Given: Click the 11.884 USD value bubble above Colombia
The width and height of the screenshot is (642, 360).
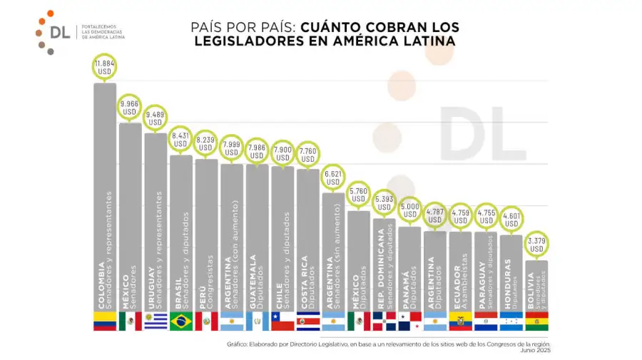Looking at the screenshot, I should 105,67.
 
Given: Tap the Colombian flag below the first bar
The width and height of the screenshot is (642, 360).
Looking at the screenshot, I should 105,322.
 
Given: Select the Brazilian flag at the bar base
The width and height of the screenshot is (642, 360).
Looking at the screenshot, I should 180,322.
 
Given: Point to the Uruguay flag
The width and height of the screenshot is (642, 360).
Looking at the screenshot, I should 156,322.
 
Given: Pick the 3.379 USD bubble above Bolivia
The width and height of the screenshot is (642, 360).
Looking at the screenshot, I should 536,245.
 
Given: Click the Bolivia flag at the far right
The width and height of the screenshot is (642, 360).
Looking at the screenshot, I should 536,322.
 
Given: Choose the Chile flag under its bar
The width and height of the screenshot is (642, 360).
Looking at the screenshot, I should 282,322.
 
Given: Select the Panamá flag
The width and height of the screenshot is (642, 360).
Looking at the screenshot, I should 409,322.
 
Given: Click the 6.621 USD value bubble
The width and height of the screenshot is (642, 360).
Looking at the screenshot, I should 333,177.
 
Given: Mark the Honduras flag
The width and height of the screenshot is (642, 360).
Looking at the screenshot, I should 511,322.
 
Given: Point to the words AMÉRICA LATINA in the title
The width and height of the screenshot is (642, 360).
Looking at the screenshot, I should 402,41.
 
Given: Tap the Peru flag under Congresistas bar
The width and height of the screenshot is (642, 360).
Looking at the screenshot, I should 206,322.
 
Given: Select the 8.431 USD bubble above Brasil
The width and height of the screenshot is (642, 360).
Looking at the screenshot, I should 180,139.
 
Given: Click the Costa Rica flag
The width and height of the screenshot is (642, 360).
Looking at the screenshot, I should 307,322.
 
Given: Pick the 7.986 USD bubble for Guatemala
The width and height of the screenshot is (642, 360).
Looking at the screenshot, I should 257,152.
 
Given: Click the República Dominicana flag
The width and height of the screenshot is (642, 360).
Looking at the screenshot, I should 384,322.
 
